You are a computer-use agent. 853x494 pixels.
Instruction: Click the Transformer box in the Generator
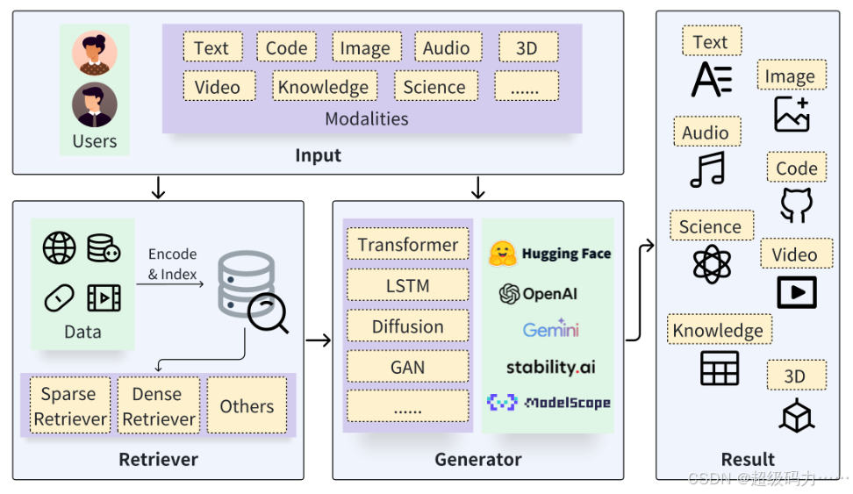[x=408, y=244]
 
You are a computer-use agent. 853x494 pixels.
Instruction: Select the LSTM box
[x=408, y=285]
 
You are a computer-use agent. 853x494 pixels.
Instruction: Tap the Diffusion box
[x=408, y=326]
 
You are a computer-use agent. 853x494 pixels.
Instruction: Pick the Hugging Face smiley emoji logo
[x=502, y=254]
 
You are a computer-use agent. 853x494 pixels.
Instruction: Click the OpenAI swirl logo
[x=509, y=294]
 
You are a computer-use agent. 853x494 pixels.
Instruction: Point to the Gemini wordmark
[x=550, y=329]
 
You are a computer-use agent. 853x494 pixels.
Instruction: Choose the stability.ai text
[x=550, y=368]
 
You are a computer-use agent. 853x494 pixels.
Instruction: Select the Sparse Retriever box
[x=70, y=406]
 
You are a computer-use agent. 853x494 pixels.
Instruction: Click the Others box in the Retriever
[x=247, y=406]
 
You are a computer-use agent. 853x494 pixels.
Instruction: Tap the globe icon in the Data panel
[x=60, y=248]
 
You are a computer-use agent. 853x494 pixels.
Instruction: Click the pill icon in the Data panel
[x=60, y=298]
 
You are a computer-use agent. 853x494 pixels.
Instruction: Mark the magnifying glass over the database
[x=267, y=313]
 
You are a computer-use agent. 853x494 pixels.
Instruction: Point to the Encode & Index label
[x=173, y=264]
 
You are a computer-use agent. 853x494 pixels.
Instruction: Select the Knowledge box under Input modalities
[x=325, y=86]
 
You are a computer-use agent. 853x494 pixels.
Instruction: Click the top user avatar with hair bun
[x=95, y=53]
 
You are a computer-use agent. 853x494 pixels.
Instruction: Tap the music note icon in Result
[x=707, y=169]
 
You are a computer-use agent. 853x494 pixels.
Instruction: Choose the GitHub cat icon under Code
[x=797, y=205]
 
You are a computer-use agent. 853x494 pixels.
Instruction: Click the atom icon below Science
[x=712, y=264]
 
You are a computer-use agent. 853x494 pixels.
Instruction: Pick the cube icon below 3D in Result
[x=797, y=415]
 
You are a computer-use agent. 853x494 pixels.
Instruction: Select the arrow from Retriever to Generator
[x=319, y=340]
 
